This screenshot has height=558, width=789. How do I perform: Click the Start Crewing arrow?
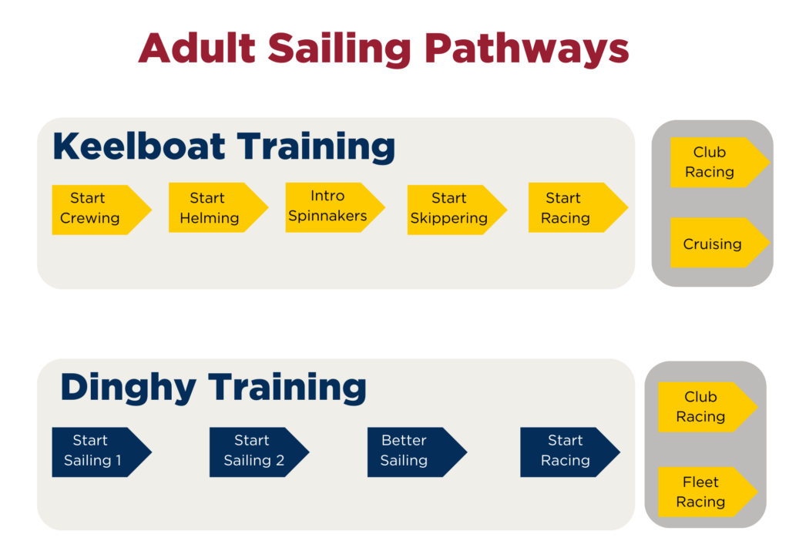coord(102,210)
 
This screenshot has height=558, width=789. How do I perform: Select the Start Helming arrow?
coord(218,207)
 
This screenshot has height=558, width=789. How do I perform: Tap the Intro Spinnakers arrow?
coord(335,207)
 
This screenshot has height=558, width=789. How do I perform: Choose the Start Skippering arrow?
coord(457,210)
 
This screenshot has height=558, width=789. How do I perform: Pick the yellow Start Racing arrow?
coord(578,207)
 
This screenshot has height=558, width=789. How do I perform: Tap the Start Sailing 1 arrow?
coord(102,452)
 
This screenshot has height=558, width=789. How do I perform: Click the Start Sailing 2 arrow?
coord(259,452)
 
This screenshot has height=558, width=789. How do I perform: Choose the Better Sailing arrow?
coord(417,452)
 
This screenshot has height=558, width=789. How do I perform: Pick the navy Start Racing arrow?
coord(570,452)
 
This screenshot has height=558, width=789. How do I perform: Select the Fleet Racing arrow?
coord(708,492)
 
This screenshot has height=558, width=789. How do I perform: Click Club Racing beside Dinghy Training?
coord(708,407)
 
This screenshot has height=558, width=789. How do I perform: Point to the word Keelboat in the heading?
coord(139,146)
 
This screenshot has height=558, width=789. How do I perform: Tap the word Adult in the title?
coord(197,49)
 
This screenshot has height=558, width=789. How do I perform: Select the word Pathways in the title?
coord(527,50)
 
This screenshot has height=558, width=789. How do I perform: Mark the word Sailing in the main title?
coord(340,50)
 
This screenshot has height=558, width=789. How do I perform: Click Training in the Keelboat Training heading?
coord(316,147)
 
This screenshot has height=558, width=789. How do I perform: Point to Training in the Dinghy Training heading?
coord(287,388)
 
